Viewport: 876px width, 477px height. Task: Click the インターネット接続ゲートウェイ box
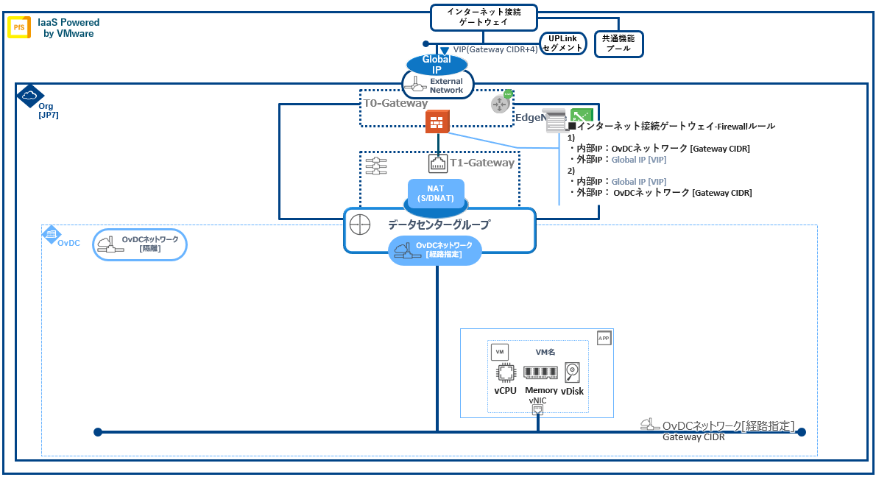tap(483, 17)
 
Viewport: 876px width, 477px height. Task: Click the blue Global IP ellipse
tap(437, 65)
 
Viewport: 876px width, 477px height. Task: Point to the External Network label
tap(446, 85)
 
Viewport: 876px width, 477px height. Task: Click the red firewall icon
tap(437, 122)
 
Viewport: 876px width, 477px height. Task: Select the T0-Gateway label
tap(395, 104)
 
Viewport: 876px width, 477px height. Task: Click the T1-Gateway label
tap(482, 163)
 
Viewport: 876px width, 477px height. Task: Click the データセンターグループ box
tap(439, 225)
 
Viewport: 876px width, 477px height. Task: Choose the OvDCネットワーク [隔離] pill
tap(140, 244)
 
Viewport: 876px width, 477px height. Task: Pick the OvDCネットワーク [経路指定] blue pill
tap(435, 250)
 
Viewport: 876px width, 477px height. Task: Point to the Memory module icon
tap(541, 373)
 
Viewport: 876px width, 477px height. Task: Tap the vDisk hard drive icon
tap(572, 372)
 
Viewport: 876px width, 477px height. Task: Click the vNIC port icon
tap(538, 409)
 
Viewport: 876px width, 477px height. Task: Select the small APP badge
tap(604, 338)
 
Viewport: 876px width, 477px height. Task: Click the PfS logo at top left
tap(18, 28)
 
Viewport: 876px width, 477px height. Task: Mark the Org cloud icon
tap(29, 96)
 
